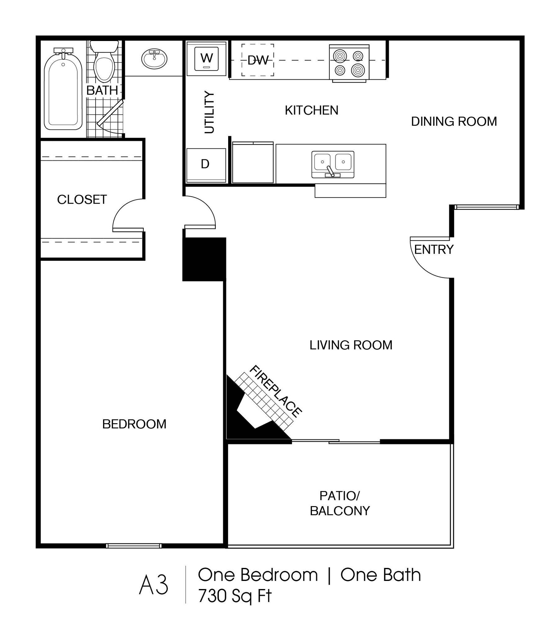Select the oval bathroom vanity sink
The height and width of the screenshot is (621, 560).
click(154, 59)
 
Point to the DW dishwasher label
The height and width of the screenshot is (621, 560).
click(258, 60)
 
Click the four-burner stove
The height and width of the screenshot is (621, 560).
click(349, 63)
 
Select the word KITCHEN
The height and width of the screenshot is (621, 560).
click(311, 111)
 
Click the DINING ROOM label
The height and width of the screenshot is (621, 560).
click(454, 121)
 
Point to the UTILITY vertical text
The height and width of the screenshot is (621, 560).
click(210, 112)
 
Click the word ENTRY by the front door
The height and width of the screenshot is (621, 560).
click(434, 249)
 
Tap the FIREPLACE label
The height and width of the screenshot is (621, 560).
click(275, 392)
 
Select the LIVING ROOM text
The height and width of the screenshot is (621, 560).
click(351, 345)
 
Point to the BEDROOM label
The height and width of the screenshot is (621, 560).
click(134, 424)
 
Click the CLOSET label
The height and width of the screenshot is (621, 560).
click(82, 200)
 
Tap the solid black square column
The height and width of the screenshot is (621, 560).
click(204, 260)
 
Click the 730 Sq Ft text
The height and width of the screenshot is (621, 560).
click(235, 596)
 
